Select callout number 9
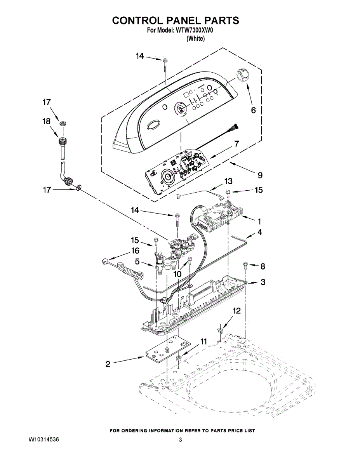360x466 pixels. (x=260, y=176)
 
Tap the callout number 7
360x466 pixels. (x=236, y=144)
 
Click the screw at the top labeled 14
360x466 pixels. (x=165, y=61)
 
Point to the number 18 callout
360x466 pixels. (x=46, y=122)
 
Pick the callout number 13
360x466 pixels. (x=228, y=181)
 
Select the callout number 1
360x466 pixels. (x=259, y=221)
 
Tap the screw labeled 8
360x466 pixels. (x=245, y=265)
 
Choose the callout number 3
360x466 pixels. (x=263, y=282)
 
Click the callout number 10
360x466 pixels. (x=177, y=274)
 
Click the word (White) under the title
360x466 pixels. (x=195, y=38)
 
